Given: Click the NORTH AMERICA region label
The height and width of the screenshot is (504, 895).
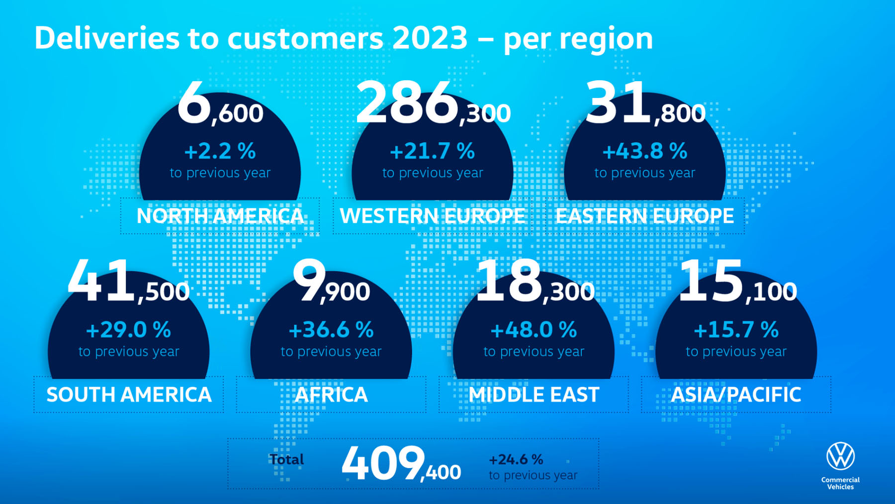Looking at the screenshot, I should click(x=220, y=216).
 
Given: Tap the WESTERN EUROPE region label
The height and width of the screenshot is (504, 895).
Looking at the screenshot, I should click(x=432, y=216).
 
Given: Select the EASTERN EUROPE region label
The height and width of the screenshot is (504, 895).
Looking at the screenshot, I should click(x=644, y=216).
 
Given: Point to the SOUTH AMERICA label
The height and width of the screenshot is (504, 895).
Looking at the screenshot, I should click(x=129, y=395).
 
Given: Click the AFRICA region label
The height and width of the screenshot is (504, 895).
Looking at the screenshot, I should click(x=331, y=395).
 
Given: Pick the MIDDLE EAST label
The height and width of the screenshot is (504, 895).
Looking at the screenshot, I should click(x=534, y=395).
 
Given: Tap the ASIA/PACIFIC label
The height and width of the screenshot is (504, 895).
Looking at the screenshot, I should click(x=736, y=395).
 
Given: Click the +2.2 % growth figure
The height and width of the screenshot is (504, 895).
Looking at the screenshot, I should click(x=220, y=151).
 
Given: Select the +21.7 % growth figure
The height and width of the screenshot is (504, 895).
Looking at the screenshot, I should click(x=432, y=151).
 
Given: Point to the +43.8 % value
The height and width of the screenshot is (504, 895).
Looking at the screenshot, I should click(x=644, y=151).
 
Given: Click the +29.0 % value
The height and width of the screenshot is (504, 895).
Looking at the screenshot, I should click(x=128, y=330).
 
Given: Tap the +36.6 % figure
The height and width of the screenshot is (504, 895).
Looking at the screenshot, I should click(x=331, y=330).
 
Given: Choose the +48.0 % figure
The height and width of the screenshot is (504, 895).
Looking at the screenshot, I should click(x=534, y=330).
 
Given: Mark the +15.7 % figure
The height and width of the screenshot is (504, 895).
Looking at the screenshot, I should click(x=736, y=330).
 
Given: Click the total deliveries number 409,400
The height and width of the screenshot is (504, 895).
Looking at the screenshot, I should click(x=401, y=464).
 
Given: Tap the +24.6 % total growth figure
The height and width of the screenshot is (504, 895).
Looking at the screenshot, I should click(x=516, y=459).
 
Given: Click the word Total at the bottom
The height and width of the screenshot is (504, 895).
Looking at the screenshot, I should click(x=286, y=459).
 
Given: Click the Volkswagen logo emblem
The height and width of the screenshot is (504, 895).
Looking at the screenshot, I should click(x=840, y=456).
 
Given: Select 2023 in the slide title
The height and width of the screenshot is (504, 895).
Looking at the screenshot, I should click(x=430, y=38).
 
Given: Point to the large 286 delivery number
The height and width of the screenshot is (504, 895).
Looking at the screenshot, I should click(x=407, y=103).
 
